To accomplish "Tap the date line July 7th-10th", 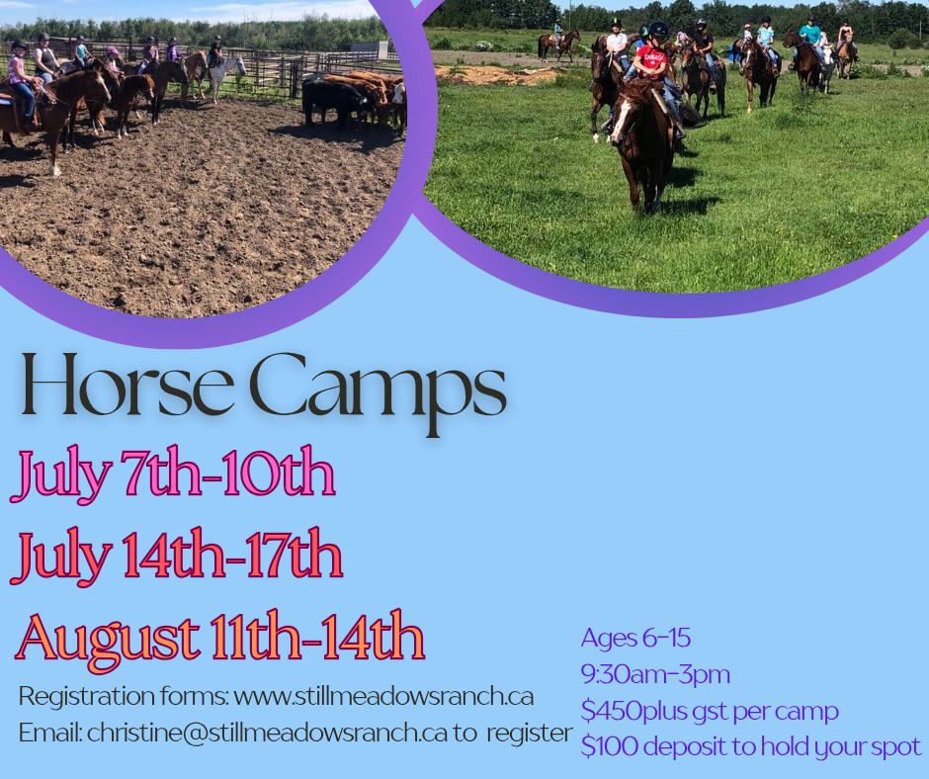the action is click(x=173, y=476).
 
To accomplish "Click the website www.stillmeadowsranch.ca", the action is click(x=383, y=697).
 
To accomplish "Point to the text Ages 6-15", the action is click(x=635, y=638).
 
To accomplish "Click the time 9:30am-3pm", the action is click(x=654, y=674).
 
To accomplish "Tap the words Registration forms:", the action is click(x=124, y=697).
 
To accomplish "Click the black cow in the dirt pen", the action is click(x=333, y=102).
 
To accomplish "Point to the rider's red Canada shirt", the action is click(x=651, y=61).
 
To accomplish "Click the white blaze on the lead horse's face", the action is click(x=622, y=123).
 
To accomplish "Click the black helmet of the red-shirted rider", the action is click(x=658, y=29).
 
